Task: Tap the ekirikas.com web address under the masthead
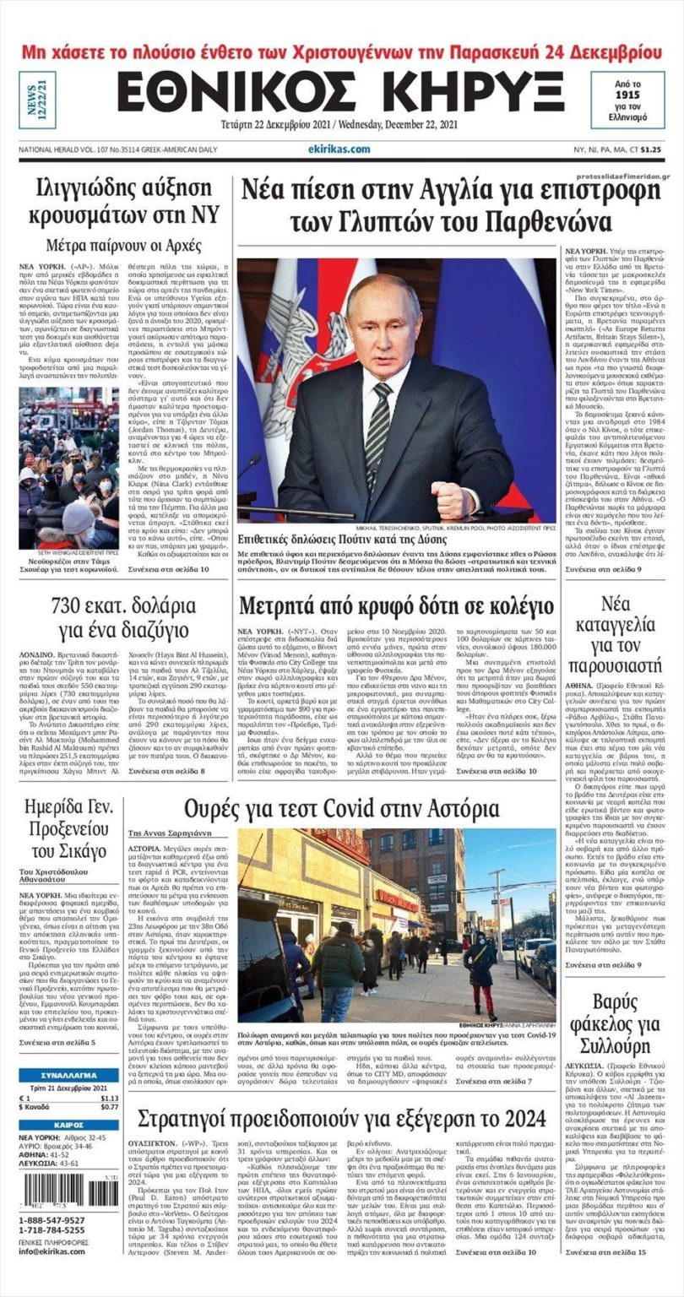339,149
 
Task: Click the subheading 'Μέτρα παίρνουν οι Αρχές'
124,247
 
